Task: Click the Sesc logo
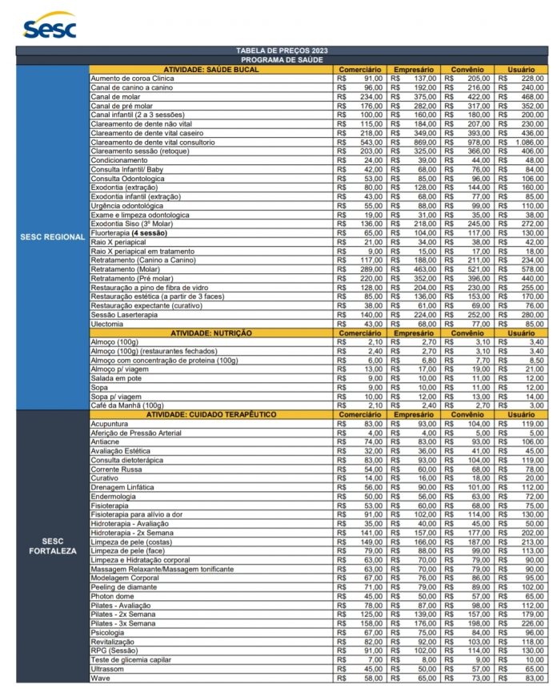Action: pyautogui.click(x=49, y=26)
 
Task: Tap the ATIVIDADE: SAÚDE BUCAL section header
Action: pyautogui.click(x=210, y=70)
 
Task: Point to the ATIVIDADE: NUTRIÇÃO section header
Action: pyautogui.click(x=210, y=332)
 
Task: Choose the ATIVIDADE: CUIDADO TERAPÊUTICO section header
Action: pyautogui.click(x=210, y=414)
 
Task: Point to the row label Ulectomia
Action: pyautogui.click(x=108, y=324)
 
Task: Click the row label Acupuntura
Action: pyautogui.click(x=110, y=423)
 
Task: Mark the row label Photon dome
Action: pyautogui.click(x=113, y=596)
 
